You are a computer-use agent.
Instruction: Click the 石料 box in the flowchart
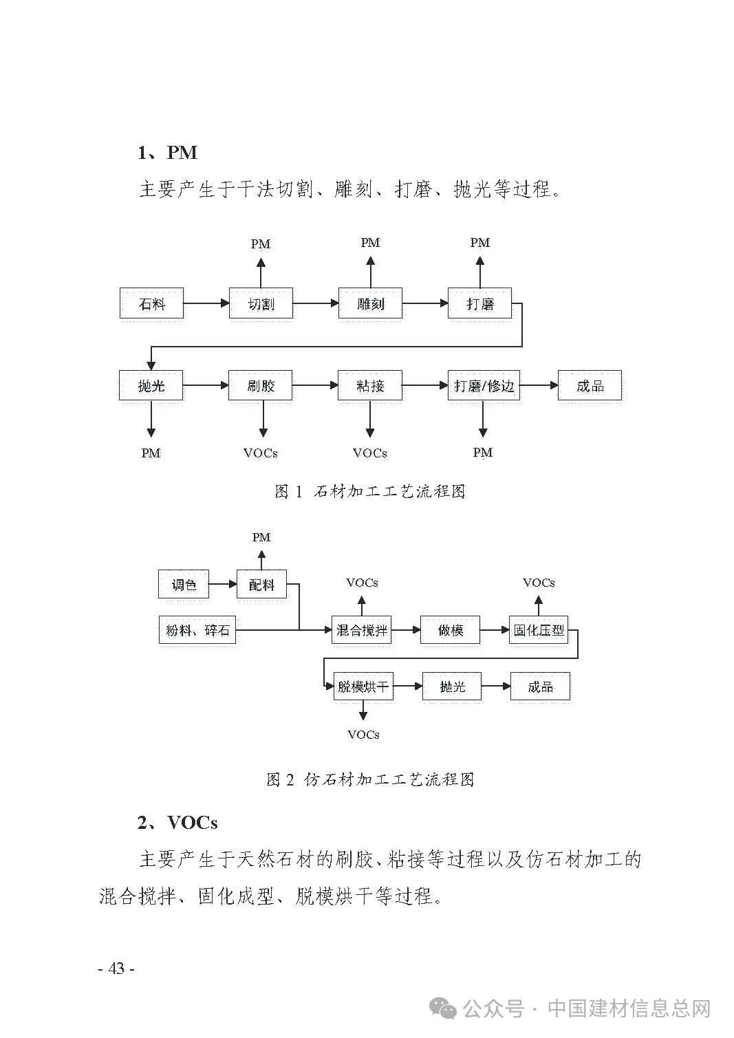[151, 303]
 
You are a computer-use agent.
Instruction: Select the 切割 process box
[261, 303]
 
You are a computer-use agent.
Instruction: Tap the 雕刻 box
[370, 303]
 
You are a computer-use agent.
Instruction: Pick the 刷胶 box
[261, 385]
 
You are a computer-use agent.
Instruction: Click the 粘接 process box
[370, 385]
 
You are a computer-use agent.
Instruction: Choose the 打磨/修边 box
[484, 385]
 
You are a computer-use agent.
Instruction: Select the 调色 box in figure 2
[184, 584]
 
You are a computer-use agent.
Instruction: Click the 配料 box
[262, 584]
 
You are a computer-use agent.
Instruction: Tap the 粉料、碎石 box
[197, 630]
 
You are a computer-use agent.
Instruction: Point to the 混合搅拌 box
[361, 630]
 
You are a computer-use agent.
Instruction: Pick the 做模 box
[451, 630]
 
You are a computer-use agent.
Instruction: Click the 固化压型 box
[539, 630]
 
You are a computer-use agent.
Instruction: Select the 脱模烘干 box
[363, 686]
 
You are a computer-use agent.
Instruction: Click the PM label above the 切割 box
[261, 244]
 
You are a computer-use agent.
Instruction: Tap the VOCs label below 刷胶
[261, 453]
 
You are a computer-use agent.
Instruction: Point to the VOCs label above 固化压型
[539, 583]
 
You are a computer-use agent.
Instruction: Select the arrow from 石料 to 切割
[206, 303]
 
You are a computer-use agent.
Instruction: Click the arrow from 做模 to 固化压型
[495, 630]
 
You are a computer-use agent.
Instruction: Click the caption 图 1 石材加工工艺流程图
[370, 491]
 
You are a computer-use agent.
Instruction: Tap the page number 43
[116, 968]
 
